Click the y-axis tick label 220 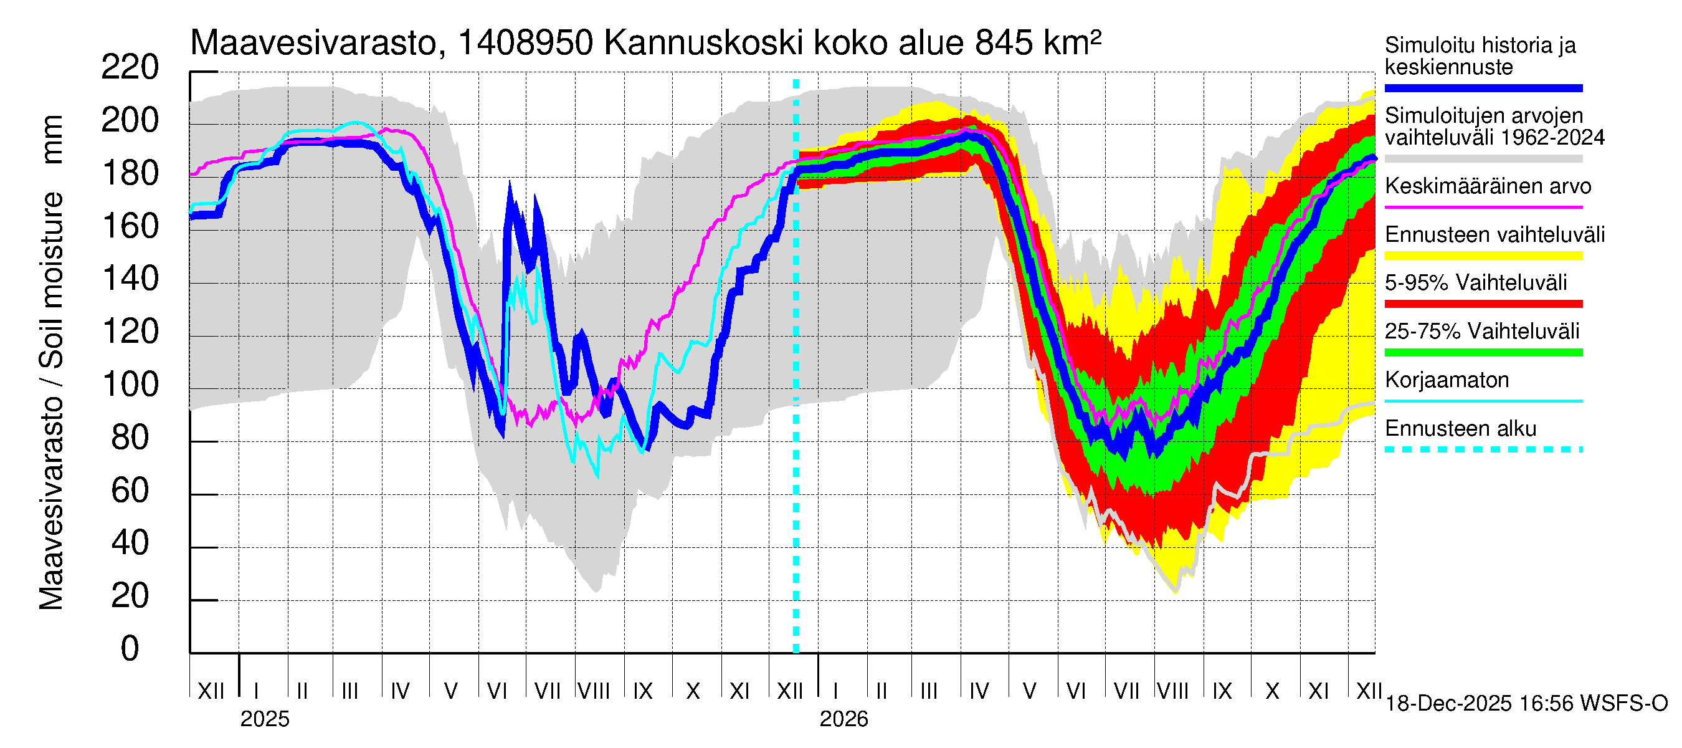[x=130, y=67]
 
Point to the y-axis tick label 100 [x=130, y=384]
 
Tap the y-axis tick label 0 [x=130, y=648]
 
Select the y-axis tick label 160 [x=130, y=226]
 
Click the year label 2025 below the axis [x=264, y=719]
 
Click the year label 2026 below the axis [x=843, y=719]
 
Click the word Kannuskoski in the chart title [x=703, y=43]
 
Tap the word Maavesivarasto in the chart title [x=313, y=43]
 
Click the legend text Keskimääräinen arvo [x=1488, y=186]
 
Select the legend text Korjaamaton [x=1447, y=380]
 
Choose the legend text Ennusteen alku [x=1461, y=429]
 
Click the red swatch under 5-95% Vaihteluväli [x=1483, y=304]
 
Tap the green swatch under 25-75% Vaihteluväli [x=1483, y=353]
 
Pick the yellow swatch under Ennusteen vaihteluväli [x=1483, y=256]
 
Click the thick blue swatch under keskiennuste [x=1483, y=88]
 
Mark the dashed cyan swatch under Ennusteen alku [x=1483, y=449]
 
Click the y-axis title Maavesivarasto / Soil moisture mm [x=51, y=363]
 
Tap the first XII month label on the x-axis [x=211, y=691]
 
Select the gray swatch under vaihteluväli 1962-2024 [x=1483, y=159]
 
